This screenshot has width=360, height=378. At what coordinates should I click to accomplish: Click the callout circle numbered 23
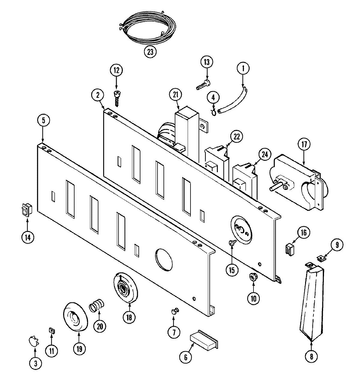[150, 52]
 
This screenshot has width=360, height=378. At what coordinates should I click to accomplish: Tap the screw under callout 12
[116, 97]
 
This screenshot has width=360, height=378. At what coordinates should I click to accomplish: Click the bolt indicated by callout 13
[203, 83]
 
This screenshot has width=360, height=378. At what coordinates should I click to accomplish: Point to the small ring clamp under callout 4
[214, 112]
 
